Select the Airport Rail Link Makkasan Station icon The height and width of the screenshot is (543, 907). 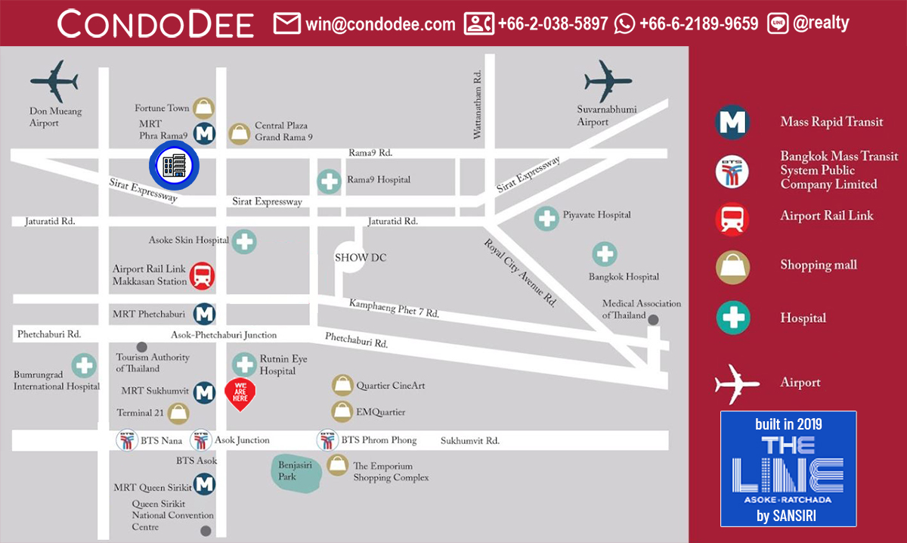(x=203, y=276)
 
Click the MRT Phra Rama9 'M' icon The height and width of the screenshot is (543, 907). (x=205, y=134)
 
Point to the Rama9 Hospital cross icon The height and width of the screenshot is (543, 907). (x=329, y=181)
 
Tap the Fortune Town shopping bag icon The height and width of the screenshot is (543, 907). (x=203, y=108)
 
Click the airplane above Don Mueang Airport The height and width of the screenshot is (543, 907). (x=54, y=80)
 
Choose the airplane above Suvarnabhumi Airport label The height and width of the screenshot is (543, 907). (x=608, y=80)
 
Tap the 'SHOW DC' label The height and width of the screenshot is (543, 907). (x=361, y=257)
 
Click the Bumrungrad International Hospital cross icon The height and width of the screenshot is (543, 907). (x=84, y=367)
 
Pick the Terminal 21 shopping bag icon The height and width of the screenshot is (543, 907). (x=178, y=413)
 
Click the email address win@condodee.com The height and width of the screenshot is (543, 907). (x=380, y=23)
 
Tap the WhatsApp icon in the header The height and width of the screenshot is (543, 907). (x=624, y=23)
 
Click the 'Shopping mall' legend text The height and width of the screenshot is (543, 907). (x=818, y=265)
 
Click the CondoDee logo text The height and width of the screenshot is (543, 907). (x=156, y=24)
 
